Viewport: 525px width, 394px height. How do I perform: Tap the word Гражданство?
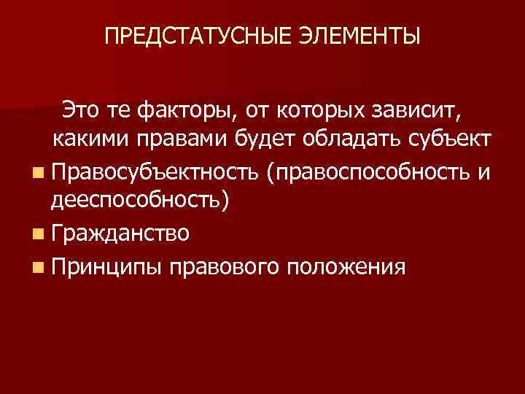120,233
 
